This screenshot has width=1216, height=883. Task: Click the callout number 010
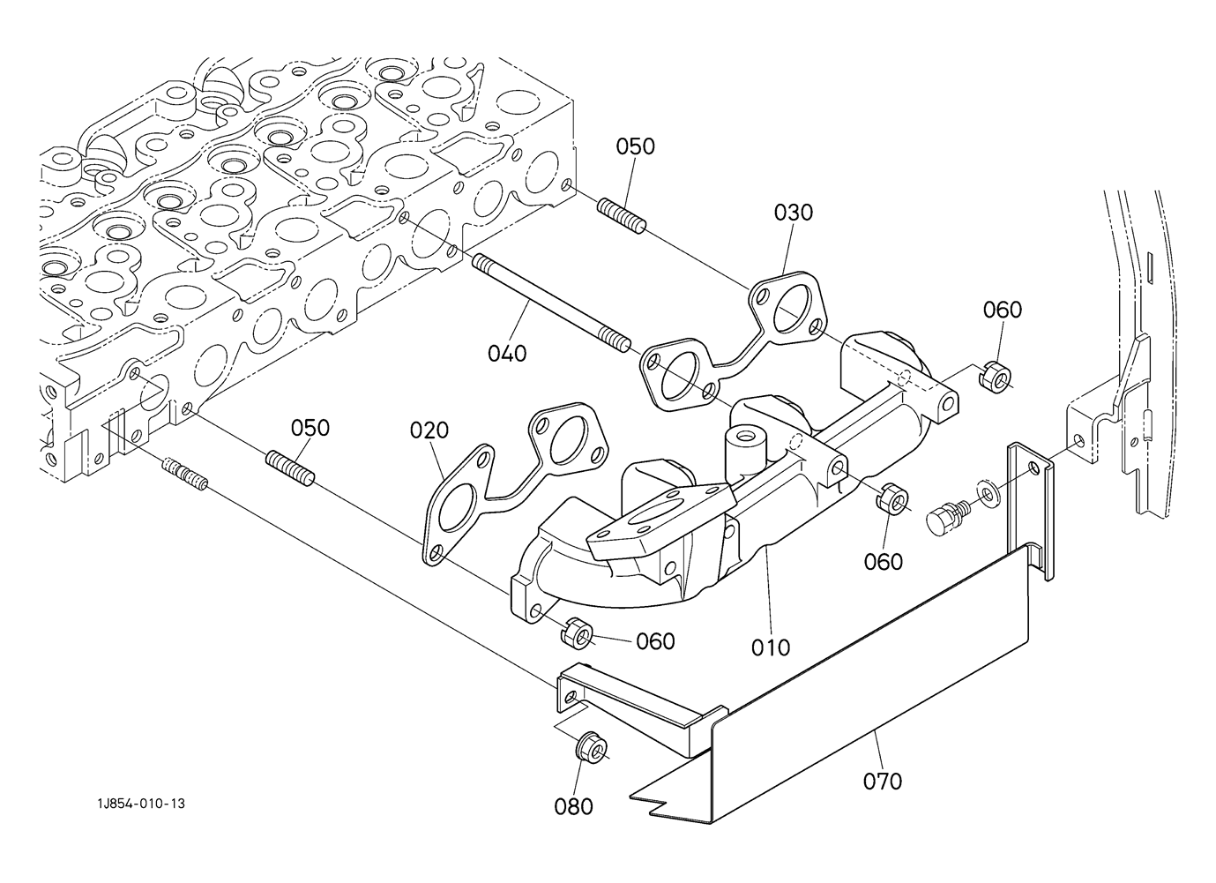pyautogui.click(x=771, y=647)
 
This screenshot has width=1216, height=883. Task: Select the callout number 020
pyautogui.click(x=429, y=430)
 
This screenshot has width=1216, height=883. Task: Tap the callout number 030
pyautogui.click(x=793, y=213)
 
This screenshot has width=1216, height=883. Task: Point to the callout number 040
pyautogui.click(x=507, y=354)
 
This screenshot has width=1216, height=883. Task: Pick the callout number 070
pyautogui.click(x=882, y=782)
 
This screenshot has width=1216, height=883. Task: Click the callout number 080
pyautogui.click(x=573, y=806)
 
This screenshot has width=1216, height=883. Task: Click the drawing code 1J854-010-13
pyautogui.click(x=141, y=804)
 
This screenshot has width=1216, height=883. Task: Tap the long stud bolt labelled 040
pyautogui.click(x=551, y=303)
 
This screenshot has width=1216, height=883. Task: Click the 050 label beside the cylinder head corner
pyautogui.click(x=635, y=146)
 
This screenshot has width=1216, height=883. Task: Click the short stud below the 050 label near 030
pyautogui.click(x=622, y=215)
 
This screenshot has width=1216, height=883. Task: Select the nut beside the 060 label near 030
pyautogui.click(x=995, y=377)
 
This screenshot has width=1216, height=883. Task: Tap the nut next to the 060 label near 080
pyautogui.click(x=577, y=632)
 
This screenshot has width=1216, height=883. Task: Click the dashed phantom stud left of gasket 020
pyautogui.click(x=185, y=475)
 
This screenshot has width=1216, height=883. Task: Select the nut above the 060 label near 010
pyautogui.click(x=891, y=498)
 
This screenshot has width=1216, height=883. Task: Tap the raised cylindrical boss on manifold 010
pyautogui.click(x=746, y=444)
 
